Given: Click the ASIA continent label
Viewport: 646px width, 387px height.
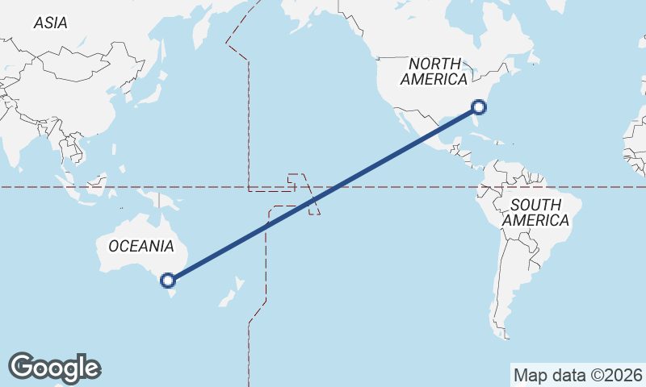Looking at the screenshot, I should point(50,23).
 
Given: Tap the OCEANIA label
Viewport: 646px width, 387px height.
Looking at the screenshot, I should point(141,245).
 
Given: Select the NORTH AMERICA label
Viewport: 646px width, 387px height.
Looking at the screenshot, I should point(434,71).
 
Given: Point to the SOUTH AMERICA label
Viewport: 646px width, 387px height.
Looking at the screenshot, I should point(535,212).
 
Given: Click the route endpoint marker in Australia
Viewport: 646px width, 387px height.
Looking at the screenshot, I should point(168,281).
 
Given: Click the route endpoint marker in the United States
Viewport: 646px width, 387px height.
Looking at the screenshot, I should point(479,106).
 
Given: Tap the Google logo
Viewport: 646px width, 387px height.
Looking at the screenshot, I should point(54,368).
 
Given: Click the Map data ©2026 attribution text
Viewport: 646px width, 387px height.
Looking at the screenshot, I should point(577,375).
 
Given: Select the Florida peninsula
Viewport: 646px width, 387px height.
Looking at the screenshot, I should point(476,124).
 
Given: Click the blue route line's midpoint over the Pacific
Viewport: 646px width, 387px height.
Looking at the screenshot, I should point(323,193).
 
